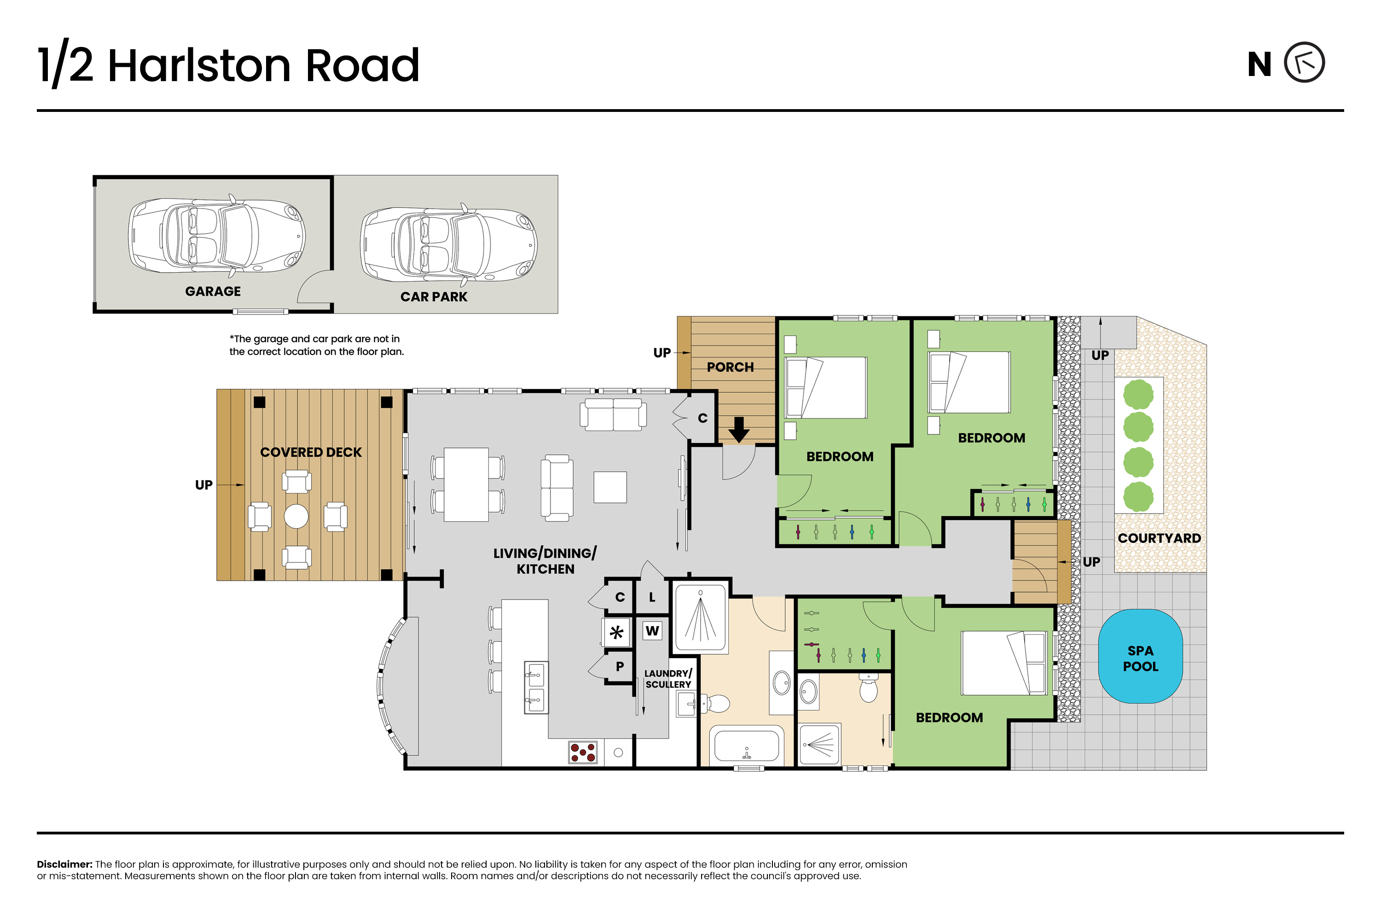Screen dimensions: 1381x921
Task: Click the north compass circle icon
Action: coord(1304,62)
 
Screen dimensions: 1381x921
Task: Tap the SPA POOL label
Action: coord(1140,659)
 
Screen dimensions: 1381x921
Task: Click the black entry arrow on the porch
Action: coord(739,429)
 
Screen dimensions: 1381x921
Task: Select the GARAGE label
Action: coord(213,291)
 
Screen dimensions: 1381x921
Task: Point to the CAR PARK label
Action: coord(434,297)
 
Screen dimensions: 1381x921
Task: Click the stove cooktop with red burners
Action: coord(582,752)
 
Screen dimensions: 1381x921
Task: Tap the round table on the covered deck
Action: coord(296,516)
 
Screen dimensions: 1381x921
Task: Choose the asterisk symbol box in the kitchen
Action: coord(616,632)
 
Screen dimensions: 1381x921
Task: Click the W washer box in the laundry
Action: coord(652,631)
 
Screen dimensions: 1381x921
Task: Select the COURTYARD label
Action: coord(1159,538)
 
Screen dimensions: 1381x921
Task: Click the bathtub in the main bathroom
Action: coord(746,746)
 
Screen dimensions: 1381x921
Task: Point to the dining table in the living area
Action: coord(466,484)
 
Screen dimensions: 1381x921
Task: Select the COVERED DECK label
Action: coord(311,452)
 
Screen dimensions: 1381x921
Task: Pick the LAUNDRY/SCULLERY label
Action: coord(668,679)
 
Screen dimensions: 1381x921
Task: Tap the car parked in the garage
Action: coord(217,236)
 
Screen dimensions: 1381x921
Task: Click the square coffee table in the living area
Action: coord(610,487)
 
